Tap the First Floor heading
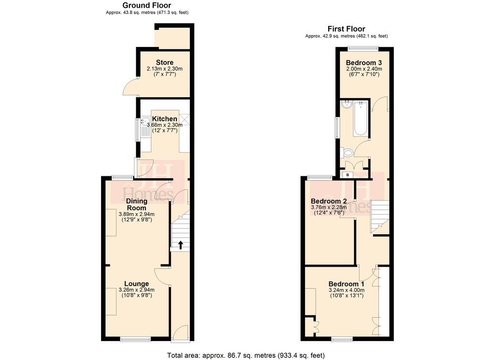pyautogui.click(x=346, y=29)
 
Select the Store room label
pyautogui.click(x=164, y=62)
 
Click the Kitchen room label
pyautogui.click(x=165, y=119)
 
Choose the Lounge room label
pyautogui.click(x=136, y=284)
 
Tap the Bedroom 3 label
pyautogui.click(x=364, y=62)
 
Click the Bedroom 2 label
pyautogui.click(x=329, y=201)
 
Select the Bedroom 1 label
pyautogui.click(x=346, y=284)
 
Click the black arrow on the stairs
pyautogui.click(x=181, y=245)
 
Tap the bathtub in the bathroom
pyautogui.click(x=360, y=119)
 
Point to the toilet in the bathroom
pyautogui.click(x=347, y=153)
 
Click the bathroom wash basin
pyautogui.click(x=347, y=104)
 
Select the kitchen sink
pyautogui.click(x=145, y=127)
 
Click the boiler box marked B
pyautogui.click(x=347, y=174)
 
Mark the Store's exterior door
pyautogui.click(x=130, y=87)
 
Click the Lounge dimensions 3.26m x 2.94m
pyautogui.click(x=136, y=290)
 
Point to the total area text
pyautogui.click(x=246, y=355)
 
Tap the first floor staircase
pyautogui.click(x=379, y=215)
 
